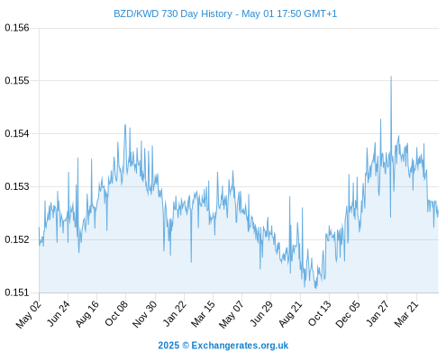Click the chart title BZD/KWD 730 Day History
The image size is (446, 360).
click(x=173, y=13)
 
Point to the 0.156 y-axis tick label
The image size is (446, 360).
click(x=17, y=28)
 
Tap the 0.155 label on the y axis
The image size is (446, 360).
click(x=17, y=80)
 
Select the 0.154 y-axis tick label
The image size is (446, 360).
click(x=17, y=133)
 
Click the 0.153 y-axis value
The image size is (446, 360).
click(x=17, y=186)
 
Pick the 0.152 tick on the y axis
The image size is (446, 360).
click(x=17, y=239)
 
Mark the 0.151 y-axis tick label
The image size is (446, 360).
click(x=17, y=292)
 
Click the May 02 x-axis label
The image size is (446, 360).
click(x=29, y=314)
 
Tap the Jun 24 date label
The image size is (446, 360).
click(x=59, y=313)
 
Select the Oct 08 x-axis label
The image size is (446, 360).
click(x=116, y=313)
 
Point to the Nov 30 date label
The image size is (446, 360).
click(x=144, y=314)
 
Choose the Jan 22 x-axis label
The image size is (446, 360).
click(x=175, y=313)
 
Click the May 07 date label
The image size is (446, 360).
click(x=231, y=314)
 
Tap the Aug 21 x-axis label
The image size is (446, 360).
click(x=290, y=313)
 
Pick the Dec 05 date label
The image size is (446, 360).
click(x=347, y=314)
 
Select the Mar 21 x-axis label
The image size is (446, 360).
click(x=406, y=313)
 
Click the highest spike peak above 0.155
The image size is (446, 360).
click(x=391, y=76)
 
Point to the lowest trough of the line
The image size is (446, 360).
click(x=315, y=288)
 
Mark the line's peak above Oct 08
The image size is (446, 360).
click(x=125, y=125)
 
